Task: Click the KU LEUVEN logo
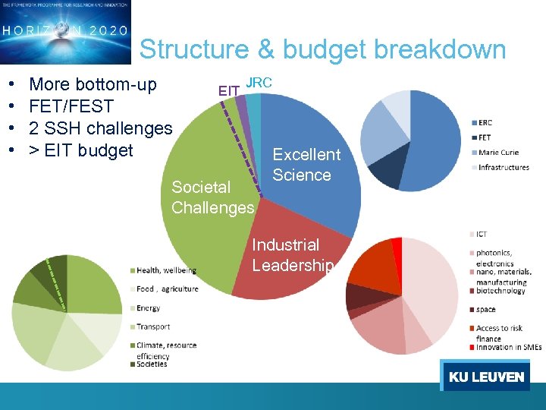tap(486, 377)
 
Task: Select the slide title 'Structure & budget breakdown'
tap(322, 49)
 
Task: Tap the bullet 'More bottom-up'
tap(93, 84)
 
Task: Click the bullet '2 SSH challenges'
tap(100, 128)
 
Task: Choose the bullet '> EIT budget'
tap(80, 150)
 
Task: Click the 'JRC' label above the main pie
tap(259, 82)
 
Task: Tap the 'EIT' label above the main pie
tap(229, 92)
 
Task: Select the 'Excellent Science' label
tap(306, 165)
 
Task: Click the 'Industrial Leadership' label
tap(292, 255)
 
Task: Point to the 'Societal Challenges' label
tap(212, 197)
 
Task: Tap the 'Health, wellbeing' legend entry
tap(165, 270)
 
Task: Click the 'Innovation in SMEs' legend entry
tap(509, 347)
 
